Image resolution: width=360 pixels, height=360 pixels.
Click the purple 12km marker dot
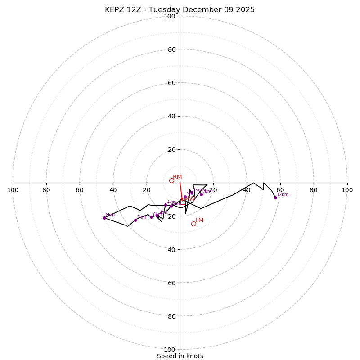click(275, 198)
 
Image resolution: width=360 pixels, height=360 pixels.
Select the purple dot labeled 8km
click(104, 218)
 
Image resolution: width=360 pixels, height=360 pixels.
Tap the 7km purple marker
click(135, 220)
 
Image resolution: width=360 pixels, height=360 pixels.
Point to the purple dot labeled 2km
click(201, 194)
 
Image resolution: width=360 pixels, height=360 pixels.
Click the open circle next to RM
click(171, 180)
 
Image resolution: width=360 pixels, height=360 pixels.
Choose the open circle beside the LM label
click(193, 224)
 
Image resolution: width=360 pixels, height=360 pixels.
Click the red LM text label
click(199, 220)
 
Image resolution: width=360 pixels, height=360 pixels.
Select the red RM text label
click(177, 177)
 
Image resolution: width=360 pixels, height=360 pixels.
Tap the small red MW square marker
click(182, 199)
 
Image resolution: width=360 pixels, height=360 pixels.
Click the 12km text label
click(283, 195)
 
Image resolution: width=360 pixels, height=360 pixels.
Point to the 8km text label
click(110, 215)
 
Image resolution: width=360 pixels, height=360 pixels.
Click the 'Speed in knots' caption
click(180, 356)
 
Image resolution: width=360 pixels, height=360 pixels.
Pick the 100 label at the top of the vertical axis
click(170, 16)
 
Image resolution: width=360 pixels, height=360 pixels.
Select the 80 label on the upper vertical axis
click(171, 49)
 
